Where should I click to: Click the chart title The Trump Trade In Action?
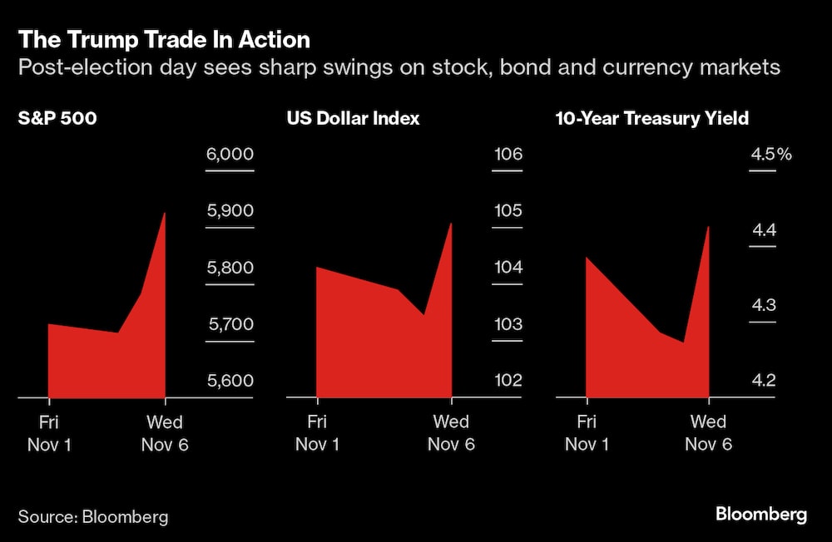164,39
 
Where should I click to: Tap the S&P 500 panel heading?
57,118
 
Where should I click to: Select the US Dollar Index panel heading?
353,118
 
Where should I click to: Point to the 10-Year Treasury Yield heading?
651,118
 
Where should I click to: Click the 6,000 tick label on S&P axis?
230,155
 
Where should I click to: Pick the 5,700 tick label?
230,324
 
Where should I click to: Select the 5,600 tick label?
230,381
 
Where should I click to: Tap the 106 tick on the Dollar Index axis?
508,155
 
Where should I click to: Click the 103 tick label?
508,324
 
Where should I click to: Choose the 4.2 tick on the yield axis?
763,381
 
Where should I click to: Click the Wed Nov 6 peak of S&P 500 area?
165,214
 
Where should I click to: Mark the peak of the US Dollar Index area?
450,224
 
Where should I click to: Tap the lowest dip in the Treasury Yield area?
684,342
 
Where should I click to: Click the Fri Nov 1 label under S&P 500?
49,433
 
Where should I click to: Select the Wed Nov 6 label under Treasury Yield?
708,433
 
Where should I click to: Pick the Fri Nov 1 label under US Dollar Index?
318,433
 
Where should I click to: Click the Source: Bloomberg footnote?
93,516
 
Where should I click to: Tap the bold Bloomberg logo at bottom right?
760,515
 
